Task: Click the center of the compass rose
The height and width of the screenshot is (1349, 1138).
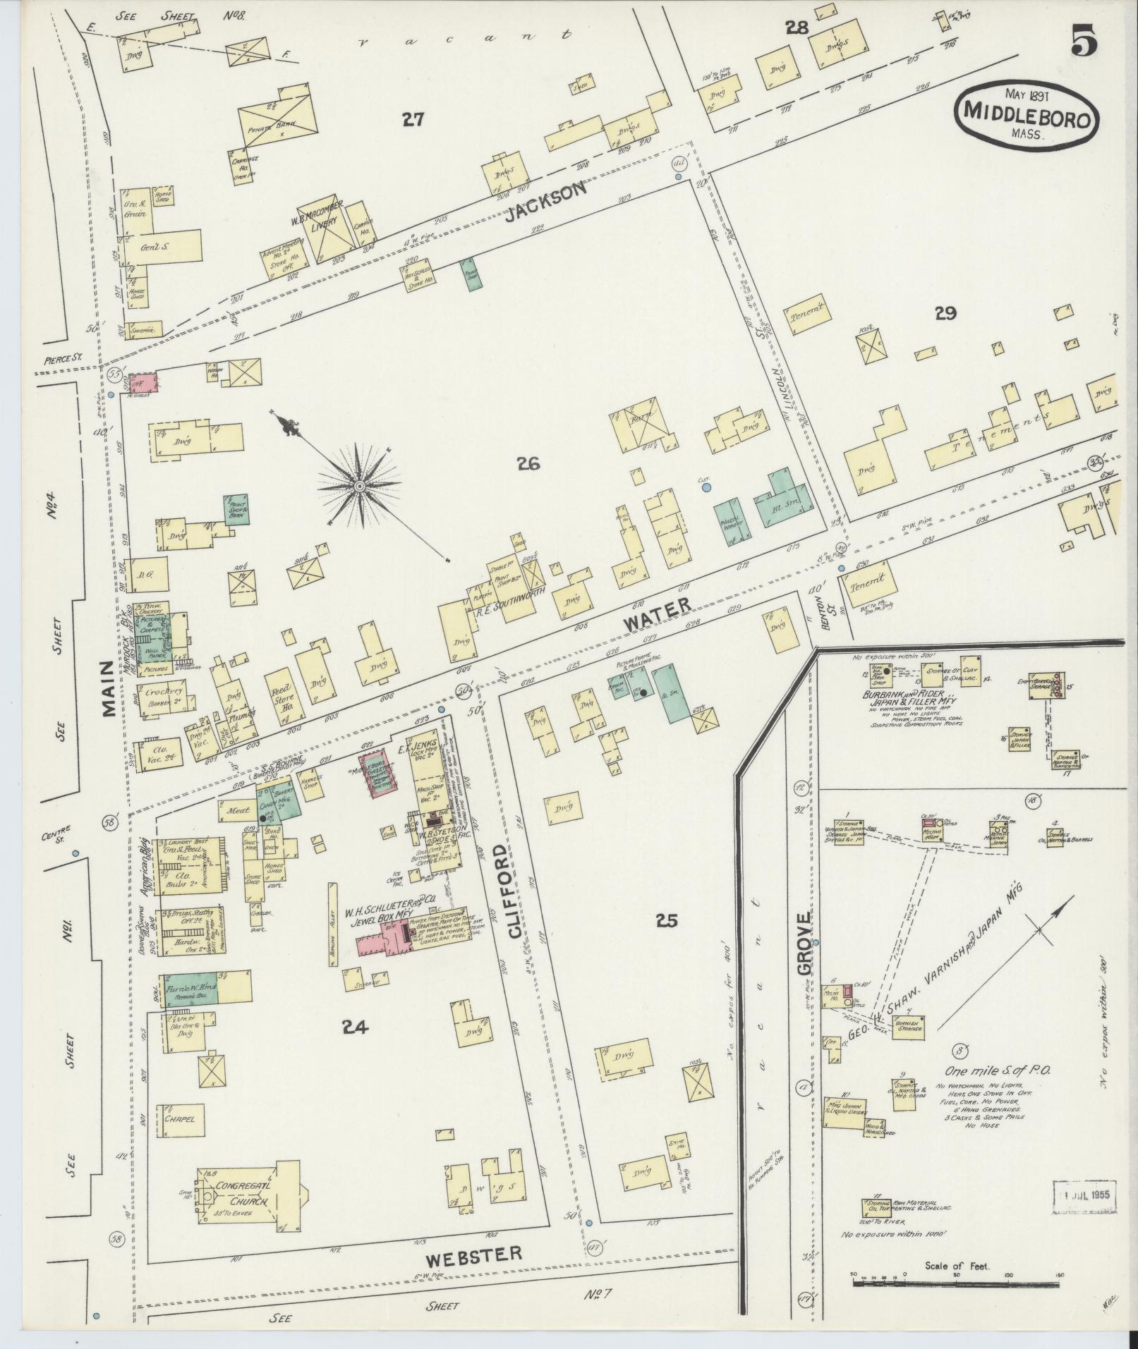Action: click(360, 487)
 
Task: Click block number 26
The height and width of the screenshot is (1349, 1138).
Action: click(528, 463)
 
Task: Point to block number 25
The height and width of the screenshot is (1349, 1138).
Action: click(666, 920)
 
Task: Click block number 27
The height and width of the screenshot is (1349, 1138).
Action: click(412, 120)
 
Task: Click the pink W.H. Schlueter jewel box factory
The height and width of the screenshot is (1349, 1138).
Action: click(382, 938)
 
